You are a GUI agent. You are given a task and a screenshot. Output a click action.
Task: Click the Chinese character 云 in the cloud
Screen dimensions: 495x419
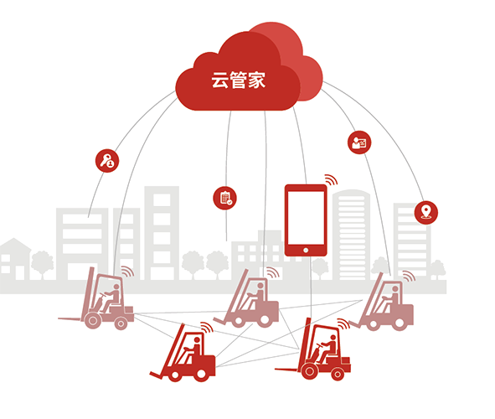click(219, 80)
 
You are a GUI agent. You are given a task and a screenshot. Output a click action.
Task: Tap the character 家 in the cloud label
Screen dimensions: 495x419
click(256, 80)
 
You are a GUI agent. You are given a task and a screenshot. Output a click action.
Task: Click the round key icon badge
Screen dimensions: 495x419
click(107, 161)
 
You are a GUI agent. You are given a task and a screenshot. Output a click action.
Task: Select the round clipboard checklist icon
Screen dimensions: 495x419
click(224, 199)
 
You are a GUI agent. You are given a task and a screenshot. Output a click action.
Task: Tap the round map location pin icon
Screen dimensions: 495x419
click(426, 213)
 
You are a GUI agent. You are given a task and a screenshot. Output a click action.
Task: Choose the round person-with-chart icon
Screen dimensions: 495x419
click(359, 142)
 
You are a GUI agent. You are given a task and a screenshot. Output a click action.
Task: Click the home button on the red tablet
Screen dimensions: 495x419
click(306, 251)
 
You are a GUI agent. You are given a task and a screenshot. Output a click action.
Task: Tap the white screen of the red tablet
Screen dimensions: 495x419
click(306, 218)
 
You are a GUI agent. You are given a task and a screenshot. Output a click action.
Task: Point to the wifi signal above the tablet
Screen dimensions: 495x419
click(331, 179)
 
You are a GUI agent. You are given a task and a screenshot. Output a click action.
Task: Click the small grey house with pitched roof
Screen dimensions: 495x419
click(14, 259)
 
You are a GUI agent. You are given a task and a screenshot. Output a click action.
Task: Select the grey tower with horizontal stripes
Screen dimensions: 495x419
click(352, 235)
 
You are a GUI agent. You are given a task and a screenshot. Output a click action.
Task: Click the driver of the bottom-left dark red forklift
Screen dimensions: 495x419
click(193, 349)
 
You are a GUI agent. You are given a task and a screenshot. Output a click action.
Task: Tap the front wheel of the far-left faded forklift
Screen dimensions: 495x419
click(93, 320)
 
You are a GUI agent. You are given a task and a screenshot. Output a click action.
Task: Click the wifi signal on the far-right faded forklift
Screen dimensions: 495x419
click(409, 276)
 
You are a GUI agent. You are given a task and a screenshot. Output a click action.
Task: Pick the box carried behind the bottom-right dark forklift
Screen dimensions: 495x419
click(345, 360)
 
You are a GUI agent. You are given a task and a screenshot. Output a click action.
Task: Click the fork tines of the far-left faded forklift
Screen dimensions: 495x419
click(70, 319)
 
